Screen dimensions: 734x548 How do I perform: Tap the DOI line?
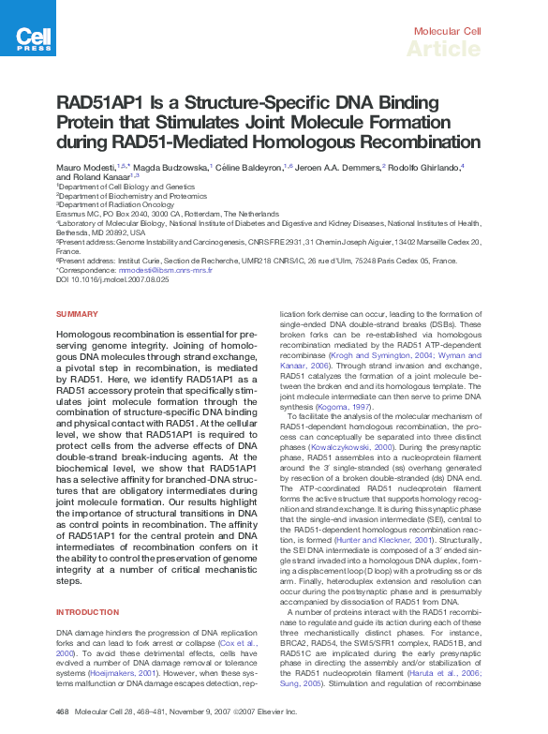(x=113, y=279)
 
